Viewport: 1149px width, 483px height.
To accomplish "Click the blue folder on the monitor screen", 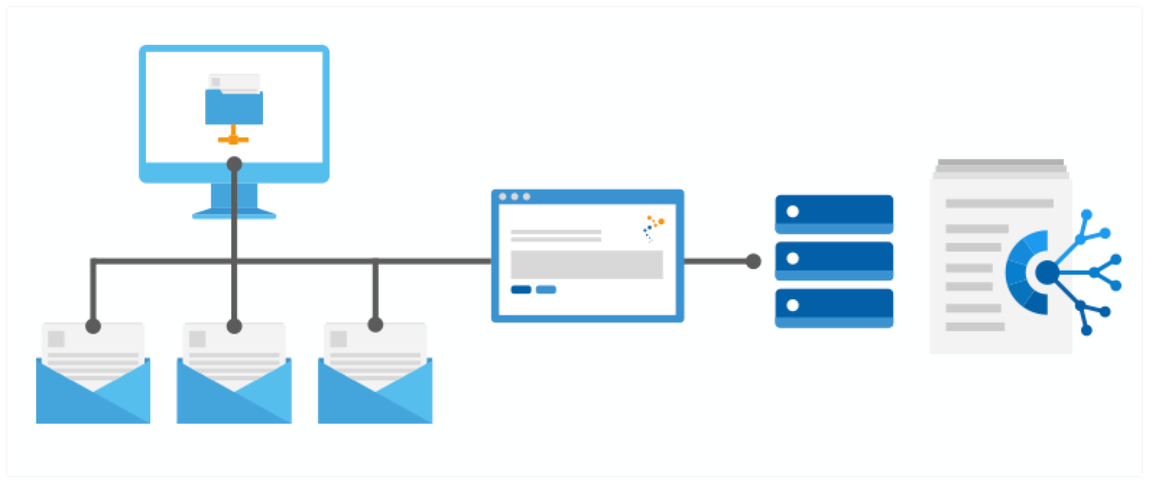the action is tap(234, 106).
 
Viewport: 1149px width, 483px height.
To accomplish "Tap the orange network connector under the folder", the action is tap(233, 137).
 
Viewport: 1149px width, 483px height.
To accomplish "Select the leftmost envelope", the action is tap(93, 390).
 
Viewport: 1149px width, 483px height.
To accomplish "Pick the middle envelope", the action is tap(234, 390).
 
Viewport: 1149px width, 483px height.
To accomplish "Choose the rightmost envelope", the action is tap(375, 390).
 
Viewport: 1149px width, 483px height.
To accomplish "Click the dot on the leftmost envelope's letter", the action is tap(93, 326).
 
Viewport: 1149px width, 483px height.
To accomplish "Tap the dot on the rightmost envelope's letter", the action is tap(375, 325).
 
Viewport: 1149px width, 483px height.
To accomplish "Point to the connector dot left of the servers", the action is tap(754, 261).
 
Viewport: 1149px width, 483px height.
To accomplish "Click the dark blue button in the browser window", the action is tap(521, 290).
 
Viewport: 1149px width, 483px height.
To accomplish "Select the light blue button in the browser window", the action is tap(546, 290).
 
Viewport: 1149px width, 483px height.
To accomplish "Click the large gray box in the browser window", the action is tap(587, 265).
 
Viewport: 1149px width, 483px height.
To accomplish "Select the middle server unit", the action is tap(834, 261).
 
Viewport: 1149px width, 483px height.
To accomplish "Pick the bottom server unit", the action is tap(834, 308).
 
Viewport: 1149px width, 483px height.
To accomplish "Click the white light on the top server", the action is tap(793, 212).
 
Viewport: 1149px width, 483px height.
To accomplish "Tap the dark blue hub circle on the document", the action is tap(1046, 273).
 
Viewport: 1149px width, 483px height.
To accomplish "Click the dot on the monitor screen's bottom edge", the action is tap(234, 164).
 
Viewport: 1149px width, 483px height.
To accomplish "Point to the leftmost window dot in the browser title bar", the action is tap(503, 197).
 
